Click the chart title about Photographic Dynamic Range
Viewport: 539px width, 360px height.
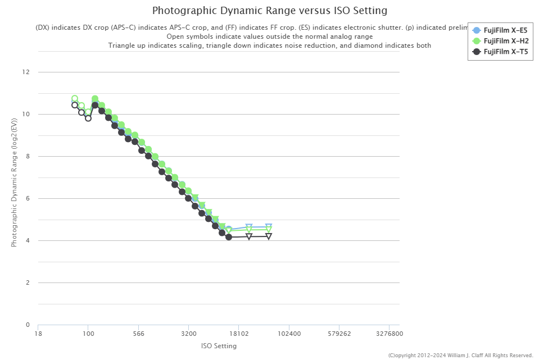(270, 11)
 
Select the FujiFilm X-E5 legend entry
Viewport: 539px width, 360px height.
(505, 30)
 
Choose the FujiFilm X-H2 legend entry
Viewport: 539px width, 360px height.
(505, 41)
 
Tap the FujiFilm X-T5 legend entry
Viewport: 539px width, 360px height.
(505, 52)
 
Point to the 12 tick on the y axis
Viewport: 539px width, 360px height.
(26, 72)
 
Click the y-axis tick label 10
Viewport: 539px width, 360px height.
(26, 115)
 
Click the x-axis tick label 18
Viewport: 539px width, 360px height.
(38, 334)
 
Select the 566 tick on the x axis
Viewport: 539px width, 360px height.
(138, 334)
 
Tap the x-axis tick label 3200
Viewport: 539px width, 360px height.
(189, 334)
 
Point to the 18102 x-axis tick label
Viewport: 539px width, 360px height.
(239, 334)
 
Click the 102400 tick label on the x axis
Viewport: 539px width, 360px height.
(289, 334)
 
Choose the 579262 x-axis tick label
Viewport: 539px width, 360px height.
(339, 334)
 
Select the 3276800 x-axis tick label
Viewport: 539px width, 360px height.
(389, 334)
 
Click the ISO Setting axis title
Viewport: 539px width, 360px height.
(219, 346)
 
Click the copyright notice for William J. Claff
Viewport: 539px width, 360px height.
(460, 355)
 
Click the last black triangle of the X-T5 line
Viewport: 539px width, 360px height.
(269, 236)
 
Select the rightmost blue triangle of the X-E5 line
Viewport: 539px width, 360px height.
(269, 227)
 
